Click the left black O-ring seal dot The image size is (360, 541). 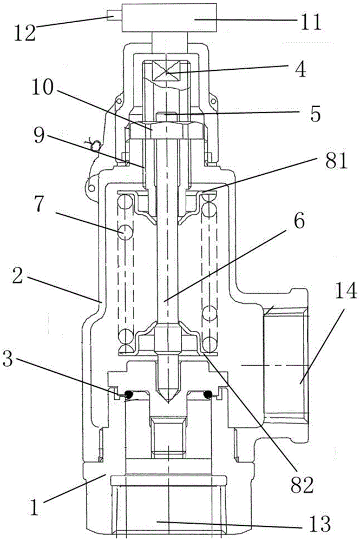coord(130,395)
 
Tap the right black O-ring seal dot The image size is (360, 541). coord(208,395)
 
